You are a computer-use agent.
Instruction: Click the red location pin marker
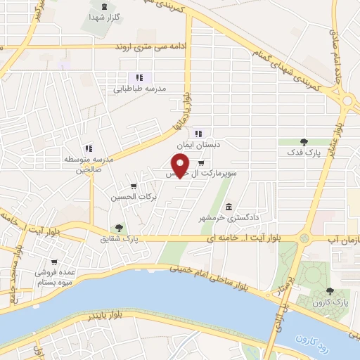tap(181, 165)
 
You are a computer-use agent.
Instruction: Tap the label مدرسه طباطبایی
tap(140, 89)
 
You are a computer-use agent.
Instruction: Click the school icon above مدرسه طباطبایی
tap(139, 77)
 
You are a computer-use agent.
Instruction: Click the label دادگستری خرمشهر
tap(235, 218)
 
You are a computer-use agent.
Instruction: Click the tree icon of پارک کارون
tap(330, 291)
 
